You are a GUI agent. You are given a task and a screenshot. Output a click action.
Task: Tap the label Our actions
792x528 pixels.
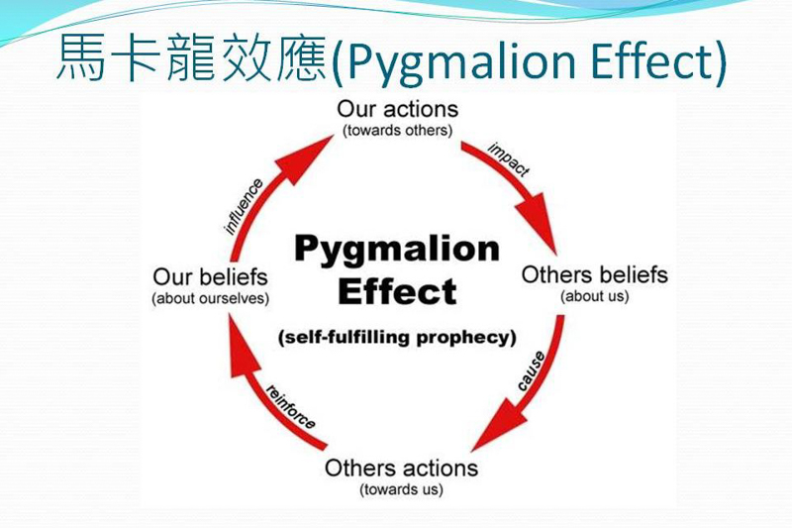pos(397,109)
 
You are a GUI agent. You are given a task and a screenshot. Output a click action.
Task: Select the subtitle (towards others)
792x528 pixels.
pos(397,130)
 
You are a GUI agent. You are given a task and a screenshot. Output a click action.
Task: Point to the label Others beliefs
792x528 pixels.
pos(594,274)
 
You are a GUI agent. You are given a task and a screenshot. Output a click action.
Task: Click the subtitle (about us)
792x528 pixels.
pos(594,296)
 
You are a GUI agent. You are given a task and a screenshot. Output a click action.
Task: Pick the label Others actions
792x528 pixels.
pos(401,468)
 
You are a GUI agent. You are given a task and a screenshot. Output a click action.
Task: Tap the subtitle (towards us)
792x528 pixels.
pos(401,489)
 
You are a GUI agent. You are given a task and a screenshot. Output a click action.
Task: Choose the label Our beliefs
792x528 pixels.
pos(211,275)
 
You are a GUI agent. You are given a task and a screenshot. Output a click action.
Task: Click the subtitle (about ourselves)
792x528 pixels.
pos(211,297)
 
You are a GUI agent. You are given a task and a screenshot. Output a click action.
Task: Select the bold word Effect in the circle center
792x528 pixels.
pos(397,291)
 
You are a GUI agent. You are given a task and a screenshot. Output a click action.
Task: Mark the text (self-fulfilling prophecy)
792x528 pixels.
pos(397,337)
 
